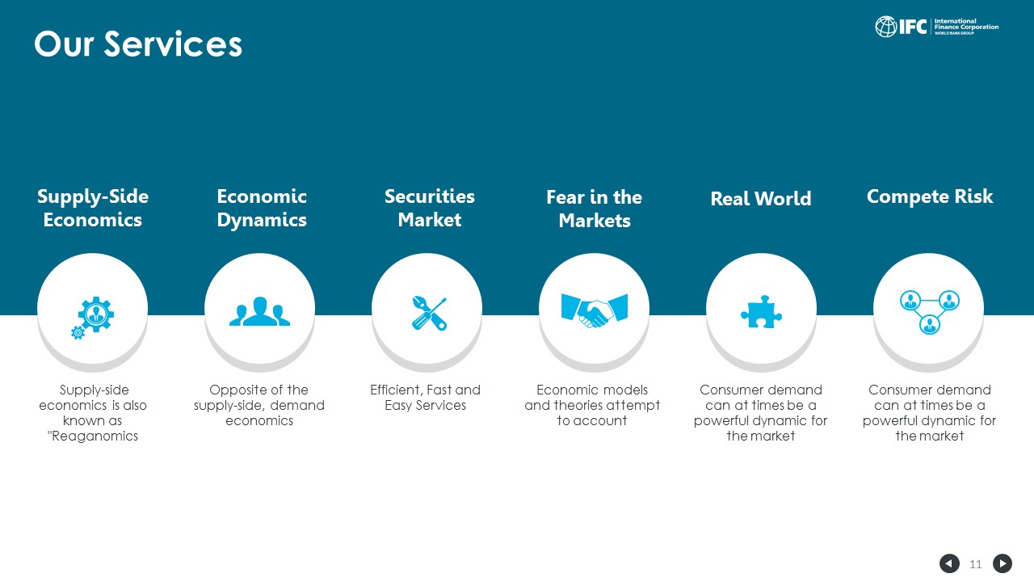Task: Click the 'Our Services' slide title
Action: (138, 44)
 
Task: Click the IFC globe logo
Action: (886, 27)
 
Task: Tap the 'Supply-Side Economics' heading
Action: (93, 208)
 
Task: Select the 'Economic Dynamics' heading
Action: (262, 208)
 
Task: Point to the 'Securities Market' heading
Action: (429, 208)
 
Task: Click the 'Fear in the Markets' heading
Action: (595, 209)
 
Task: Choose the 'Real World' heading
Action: (761, 199)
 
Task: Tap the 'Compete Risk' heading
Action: (930, 196)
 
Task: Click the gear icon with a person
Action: (93, 318)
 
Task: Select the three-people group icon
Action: (259, 311)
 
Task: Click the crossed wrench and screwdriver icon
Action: (429, 313)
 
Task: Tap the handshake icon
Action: (595, 310)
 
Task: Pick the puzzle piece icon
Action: (761, 312)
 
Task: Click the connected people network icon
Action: (930, 312)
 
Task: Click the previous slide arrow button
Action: (949, 563)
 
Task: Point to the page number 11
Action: (975, 564)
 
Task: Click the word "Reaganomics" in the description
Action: (95, 436)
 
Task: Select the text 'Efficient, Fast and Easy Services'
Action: (425, 397)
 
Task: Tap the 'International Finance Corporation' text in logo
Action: (966, 24)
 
